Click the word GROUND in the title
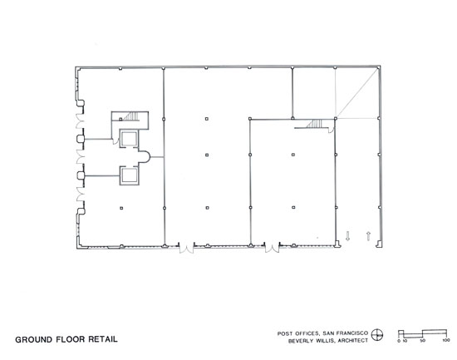tap(34, 339)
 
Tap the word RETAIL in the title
tap(103, 339)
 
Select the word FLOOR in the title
tap(71, 339)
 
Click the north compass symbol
tap(377, 334)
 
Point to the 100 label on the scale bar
tap(446, 340)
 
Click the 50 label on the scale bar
tap(423, 340)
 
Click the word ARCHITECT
tap(353, 340)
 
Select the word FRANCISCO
tap(352, 333)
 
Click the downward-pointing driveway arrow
tap(347, 236)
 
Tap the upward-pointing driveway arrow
tap(368, 236)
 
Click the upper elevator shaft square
tap(130, 138)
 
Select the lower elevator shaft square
tap(130, 175)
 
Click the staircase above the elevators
tap(132, 116)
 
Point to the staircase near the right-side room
tap(314, 124)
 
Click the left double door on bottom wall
tap(186, 248)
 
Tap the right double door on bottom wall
tap(272, 247)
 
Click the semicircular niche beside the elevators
tap(145, 157)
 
